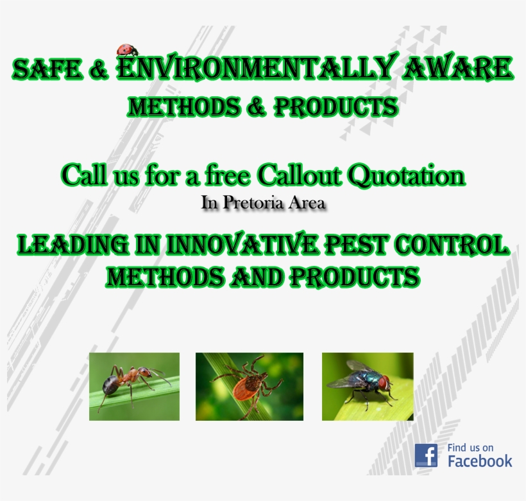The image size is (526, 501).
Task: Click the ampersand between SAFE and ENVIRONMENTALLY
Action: [99, 70]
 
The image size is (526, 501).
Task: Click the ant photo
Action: [134, 386]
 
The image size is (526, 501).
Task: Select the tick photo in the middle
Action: [249, 386]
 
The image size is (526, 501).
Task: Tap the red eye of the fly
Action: [383, 383]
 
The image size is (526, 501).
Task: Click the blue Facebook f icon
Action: [426, 455]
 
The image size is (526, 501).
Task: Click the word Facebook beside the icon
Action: [480, 461]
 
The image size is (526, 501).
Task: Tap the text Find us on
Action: [470, 448]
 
